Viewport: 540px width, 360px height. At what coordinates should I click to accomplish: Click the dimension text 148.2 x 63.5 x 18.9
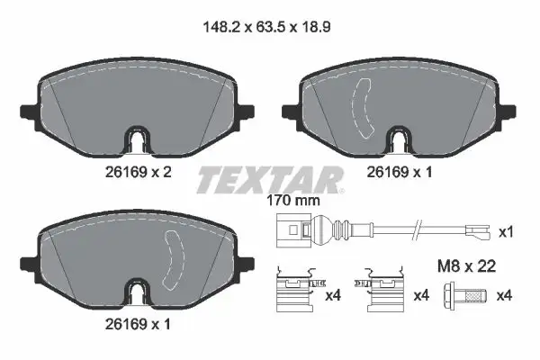coord(270,28)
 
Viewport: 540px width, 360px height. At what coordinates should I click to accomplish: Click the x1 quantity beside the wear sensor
coord(507,233)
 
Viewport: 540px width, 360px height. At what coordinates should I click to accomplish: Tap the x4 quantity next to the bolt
coord(507,295)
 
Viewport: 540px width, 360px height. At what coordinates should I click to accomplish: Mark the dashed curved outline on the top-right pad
coord(367,106)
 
